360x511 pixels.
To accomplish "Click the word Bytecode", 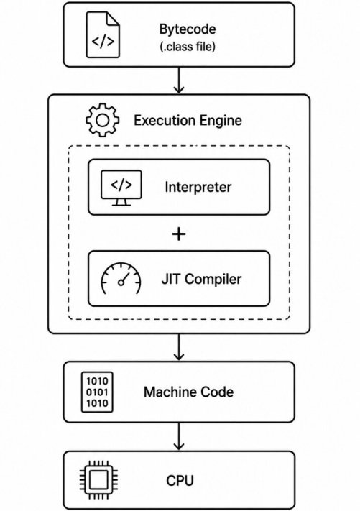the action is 188,29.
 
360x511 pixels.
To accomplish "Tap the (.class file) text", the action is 188,46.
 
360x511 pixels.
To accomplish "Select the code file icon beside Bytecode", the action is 103,35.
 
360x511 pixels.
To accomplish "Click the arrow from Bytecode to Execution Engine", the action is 179,80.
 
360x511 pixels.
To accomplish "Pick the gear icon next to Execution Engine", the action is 102,120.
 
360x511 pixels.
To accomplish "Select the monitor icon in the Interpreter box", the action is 121,188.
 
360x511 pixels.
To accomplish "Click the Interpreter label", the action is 198,187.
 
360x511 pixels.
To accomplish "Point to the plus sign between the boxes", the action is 179,234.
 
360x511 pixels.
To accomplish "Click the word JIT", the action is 170,279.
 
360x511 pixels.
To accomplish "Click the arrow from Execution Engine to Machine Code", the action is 179,347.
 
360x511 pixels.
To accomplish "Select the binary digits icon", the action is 97,392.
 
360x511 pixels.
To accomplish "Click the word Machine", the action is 170,392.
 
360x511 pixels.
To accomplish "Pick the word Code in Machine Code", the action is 217,392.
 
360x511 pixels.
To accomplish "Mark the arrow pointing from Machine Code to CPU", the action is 179,437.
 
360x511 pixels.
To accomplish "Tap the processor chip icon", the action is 98,479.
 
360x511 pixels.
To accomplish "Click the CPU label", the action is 180,481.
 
